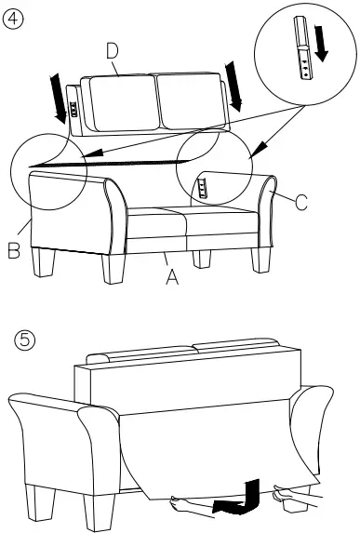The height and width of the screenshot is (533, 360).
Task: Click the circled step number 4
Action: coord(12,19)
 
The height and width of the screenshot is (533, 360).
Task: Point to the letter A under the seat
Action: coord(171,276)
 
